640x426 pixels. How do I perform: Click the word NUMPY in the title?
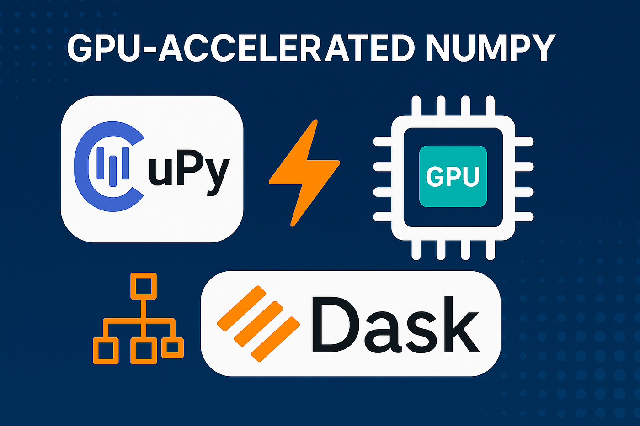click(x=491, y=48)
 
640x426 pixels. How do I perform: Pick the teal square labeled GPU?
click(x=453, y=176)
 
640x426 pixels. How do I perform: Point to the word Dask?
click(x=395, y=325)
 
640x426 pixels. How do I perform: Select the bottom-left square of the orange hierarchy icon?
click(x=106, y=350)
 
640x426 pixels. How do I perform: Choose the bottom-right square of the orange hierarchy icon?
click(x=172, y=347)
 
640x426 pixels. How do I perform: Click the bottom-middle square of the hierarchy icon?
click(x=144, y=350)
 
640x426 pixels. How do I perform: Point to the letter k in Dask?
click(x=459, y=325)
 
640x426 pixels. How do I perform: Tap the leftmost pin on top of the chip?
click(x=416, y=106)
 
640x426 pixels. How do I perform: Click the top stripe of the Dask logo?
click(x=241, y=308)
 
